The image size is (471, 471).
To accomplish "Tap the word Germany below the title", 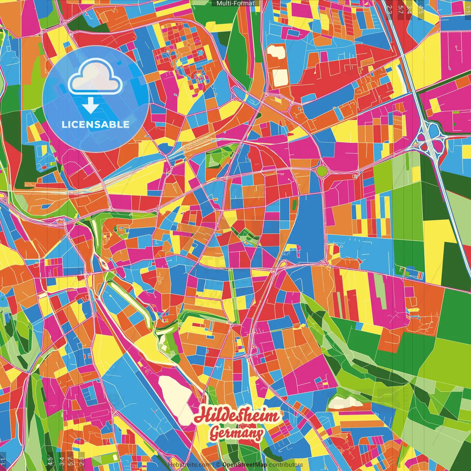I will (x=236, y=433).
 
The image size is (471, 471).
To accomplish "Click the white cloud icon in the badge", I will (x=95, y=78).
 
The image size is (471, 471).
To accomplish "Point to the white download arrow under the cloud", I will (x=90, y=106).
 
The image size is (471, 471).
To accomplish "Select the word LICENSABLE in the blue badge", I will (x=95, y=124).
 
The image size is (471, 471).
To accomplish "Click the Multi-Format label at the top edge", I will (x=235, y=3).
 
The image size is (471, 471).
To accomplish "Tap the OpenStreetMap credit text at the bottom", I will (x=245, y=465).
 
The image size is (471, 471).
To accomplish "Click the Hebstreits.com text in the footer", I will (x=189, y=465).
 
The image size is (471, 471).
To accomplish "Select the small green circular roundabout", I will (x=322, y=171).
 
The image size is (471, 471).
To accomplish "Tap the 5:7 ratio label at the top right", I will (x=401, y=9).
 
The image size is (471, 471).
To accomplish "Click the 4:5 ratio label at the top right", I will (x=421, y=9).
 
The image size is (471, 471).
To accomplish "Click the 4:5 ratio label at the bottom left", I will (x=50, y=461).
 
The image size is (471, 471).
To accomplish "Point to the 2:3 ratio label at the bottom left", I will (x=81, y=461).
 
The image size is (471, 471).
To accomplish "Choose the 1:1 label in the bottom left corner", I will (x=3, y=461).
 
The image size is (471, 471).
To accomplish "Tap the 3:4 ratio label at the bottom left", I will (x=61, y=461).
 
